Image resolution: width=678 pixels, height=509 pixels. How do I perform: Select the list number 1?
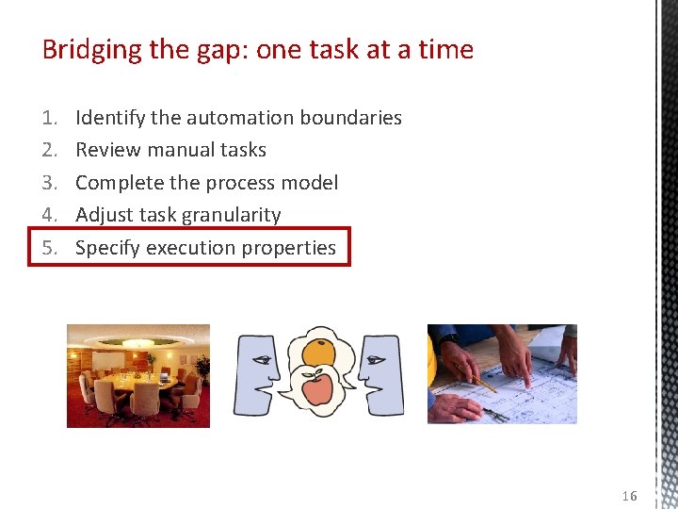click(49, 118)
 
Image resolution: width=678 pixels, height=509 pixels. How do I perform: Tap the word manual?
click(176, 150)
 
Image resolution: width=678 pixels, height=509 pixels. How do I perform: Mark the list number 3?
click(49, 183)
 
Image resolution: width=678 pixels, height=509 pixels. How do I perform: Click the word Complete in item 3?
click(118, 183)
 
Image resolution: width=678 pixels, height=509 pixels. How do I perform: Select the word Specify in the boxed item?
click(105, 249)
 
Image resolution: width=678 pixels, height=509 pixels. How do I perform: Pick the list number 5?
click(49, 248)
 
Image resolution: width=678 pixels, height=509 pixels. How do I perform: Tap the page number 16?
click(629, 496)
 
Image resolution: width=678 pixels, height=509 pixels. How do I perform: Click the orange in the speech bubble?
click(317, 351)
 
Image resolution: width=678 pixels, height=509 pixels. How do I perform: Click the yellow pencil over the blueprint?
click(476, 376)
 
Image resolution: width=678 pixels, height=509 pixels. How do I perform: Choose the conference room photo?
click(138, 375)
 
